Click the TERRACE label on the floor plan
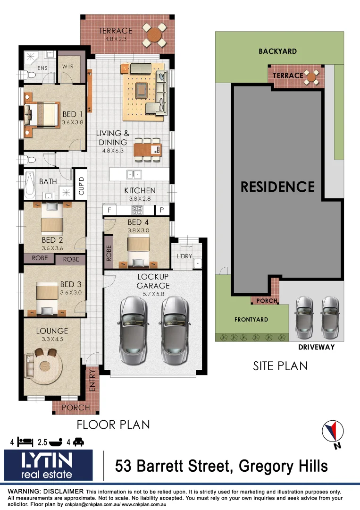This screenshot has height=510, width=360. [116, 31]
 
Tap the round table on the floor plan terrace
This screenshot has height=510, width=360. [155, 34]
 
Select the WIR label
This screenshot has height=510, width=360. [68, 67]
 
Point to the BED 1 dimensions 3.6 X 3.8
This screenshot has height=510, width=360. [72, 122]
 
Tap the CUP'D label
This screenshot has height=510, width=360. [81, 186]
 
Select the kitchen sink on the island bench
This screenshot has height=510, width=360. [134, 174]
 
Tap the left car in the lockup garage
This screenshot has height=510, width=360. [134, 331]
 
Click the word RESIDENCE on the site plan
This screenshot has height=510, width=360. [277, 187]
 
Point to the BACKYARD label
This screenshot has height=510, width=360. [277, 51]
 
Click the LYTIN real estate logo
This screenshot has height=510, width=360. [48, 465]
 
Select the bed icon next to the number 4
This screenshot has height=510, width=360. [25, 442]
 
